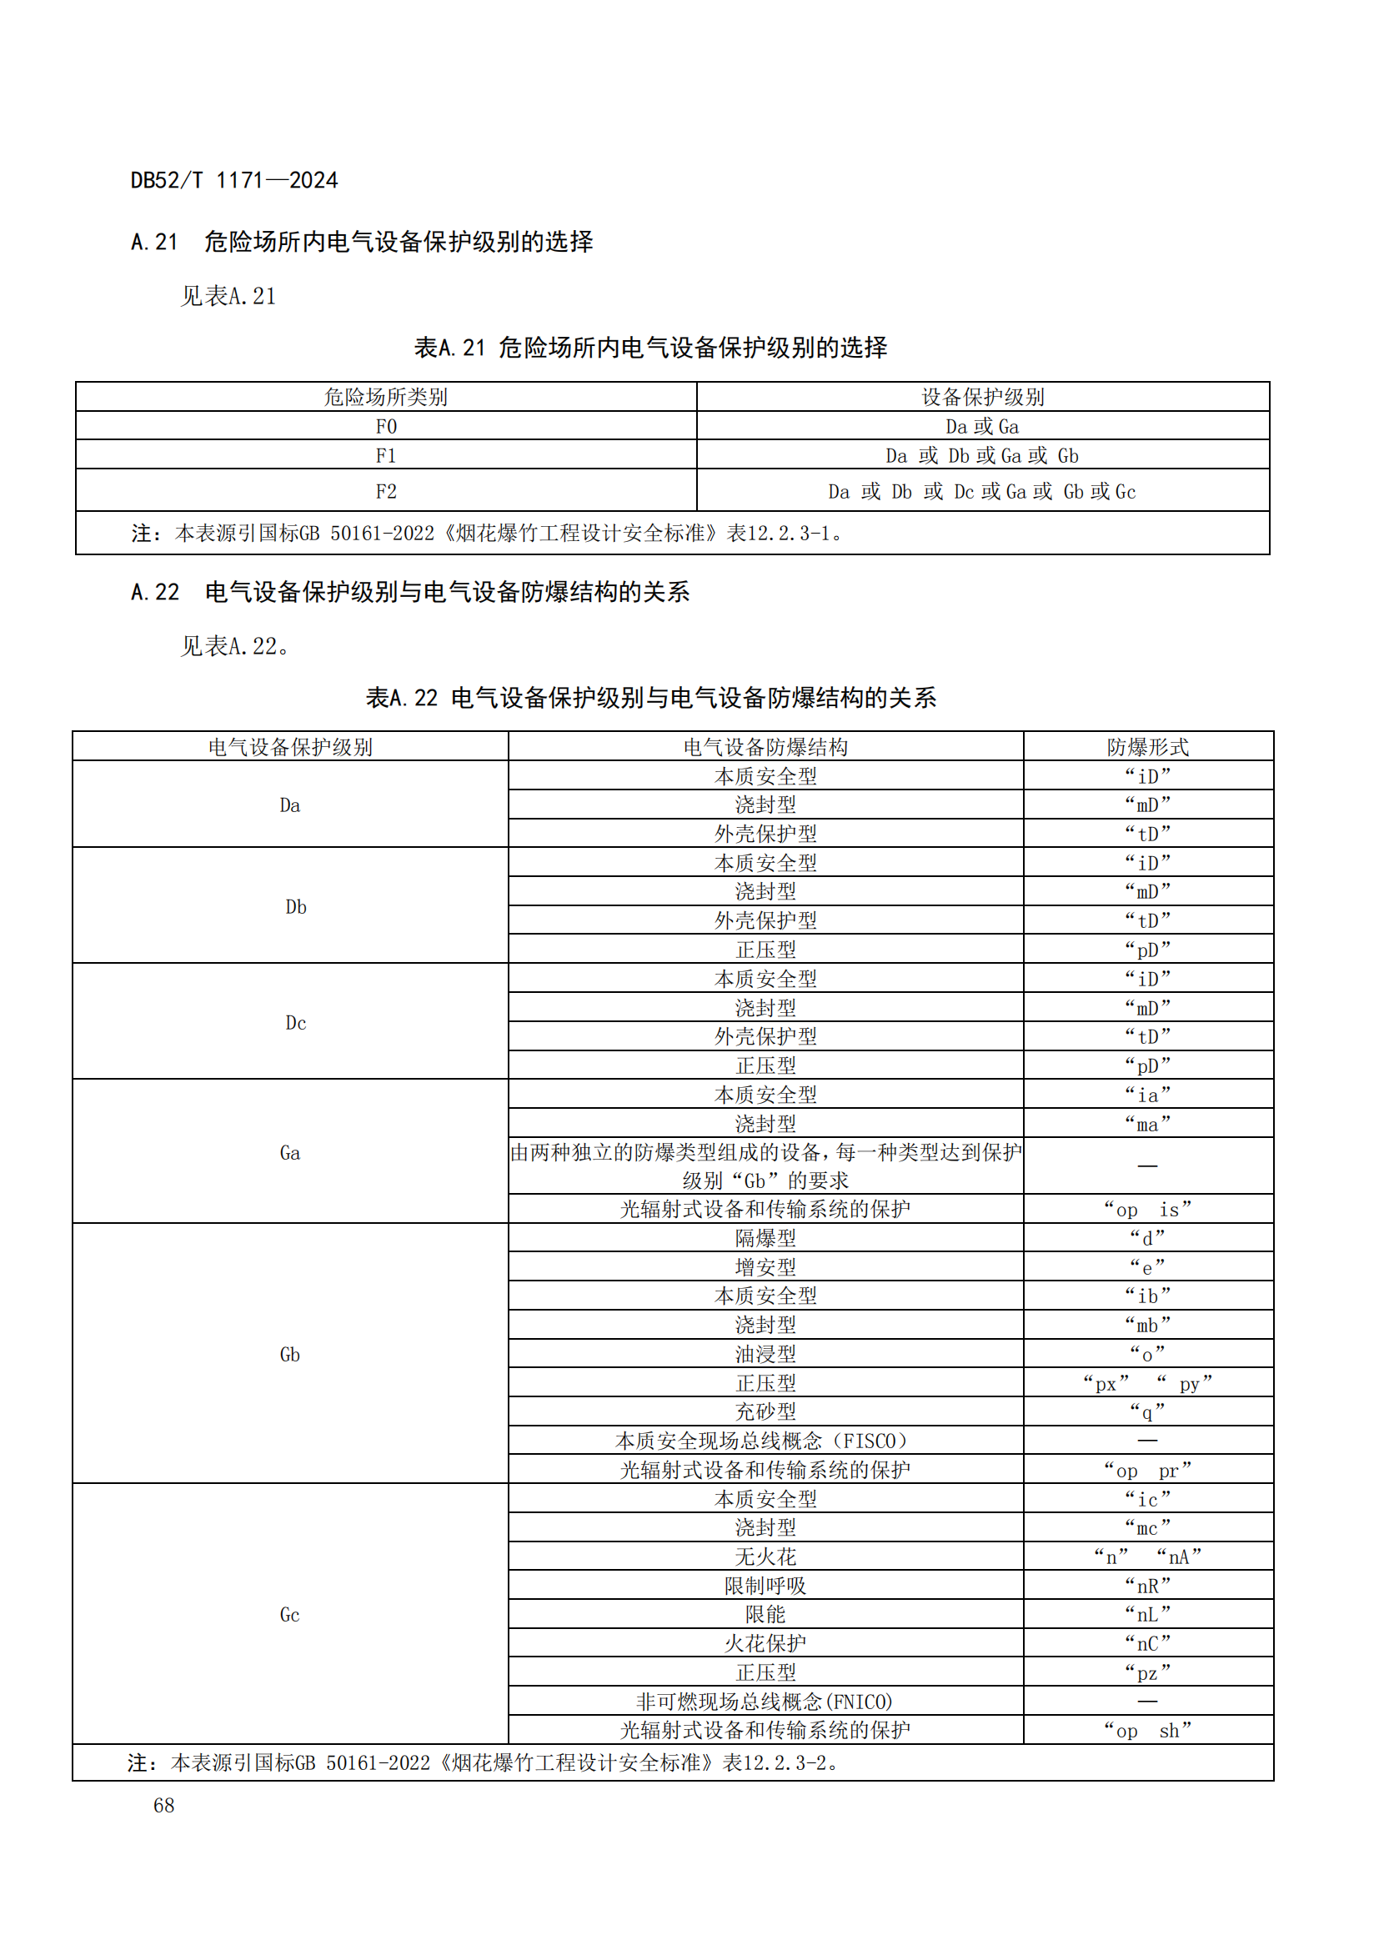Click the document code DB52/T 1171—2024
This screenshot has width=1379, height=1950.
pyautogui.click(x=233, y=180)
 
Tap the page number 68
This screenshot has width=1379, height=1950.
pyautogui.click(x=164, y=1805)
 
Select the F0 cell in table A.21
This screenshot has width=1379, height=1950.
pyautogui.click(x=386, y=426)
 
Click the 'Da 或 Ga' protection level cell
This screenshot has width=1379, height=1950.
pyautogui.click(x=981, y=426)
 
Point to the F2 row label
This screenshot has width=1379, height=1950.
pyautogui.click(x=386, y=491)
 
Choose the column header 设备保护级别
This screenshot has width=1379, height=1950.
pyautogui.click(x=982, y=397)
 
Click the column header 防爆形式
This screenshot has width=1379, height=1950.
pyautogui.click(x=1147, y=746)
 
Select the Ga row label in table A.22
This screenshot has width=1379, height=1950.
pyautogui.click(x=289, y=1152)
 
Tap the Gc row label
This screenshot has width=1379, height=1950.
pyautogui.click(x=289, y=1615)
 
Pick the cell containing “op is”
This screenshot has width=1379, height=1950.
pyautogui.click(x=1147, y=1209)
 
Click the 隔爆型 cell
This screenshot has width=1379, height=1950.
pyautogui.click(x=765, y=1237)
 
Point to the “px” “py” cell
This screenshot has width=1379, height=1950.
pyautogui.click(x=1147, y=1382)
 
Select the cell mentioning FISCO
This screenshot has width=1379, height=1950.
pyautogui.click(x=765, y=1441)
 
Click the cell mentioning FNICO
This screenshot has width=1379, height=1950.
pyautogui.click(x=765, y=1702)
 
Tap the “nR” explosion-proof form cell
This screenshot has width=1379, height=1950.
pyautogui.click(x=1147, y=1585)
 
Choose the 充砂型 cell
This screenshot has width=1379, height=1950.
pyautogui.click(x=765, y=1411)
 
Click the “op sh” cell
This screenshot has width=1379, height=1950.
pyautogui.click(x=1147, y=1730)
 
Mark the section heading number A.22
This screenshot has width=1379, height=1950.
pyautogui.click(x=155, y=592)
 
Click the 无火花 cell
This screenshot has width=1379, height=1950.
pyautogui.click(x=765, y=1556)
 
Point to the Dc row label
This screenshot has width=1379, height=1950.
pyautogui.click(x=295, y=1023)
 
